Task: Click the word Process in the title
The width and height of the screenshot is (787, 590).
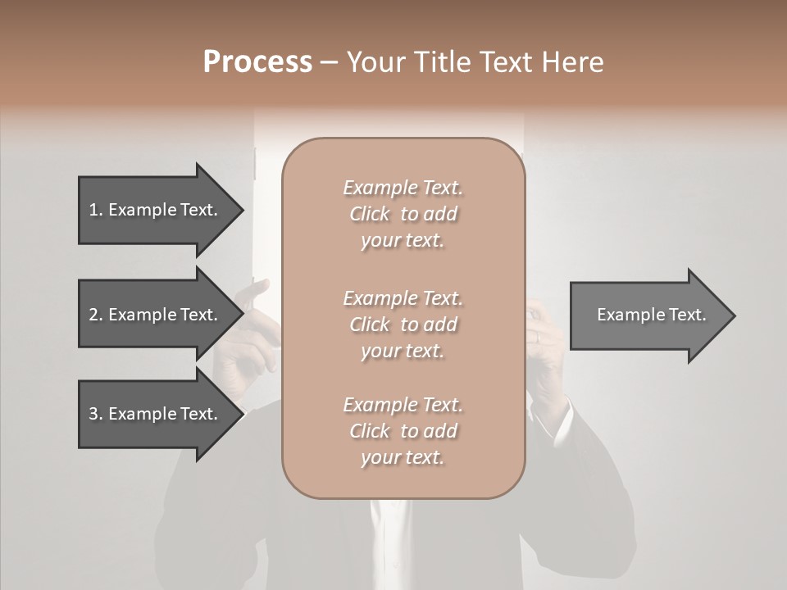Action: click(257, 62)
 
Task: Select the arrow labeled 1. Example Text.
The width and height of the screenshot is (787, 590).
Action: click(156, 210)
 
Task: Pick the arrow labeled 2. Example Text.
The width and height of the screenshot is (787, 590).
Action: click(156, 315)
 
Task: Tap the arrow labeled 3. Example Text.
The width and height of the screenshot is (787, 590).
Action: click(156, 414)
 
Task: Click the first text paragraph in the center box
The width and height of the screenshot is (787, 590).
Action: click(403, 214)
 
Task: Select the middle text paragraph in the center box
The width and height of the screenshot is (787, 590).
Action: click(403, 324)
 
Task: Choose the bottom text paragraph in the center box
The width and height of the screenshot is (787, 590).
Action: click(403, 431)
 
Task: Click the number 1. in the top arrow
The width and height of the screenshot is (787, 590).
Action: click(96, 210)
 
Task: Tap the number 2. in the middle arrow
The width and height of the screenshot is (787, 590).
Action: click(96, 315)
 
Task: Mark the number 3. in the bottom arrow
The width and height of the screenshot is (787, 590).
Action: click(96, 414)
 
